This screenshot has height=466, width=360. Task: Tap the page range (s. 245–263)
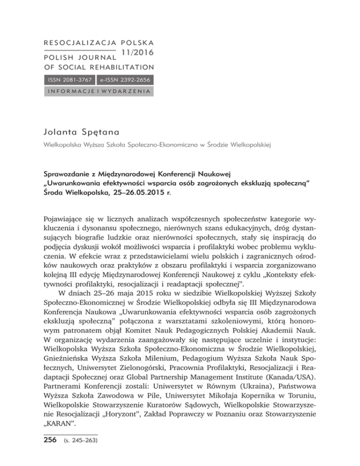(x=79, y=440)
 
